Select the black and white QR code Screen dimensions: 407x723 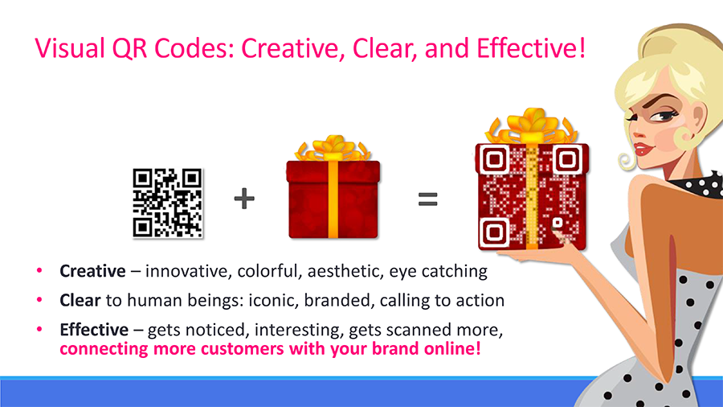[167, 203]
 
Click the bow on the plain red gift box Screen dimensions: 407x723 [333, 148]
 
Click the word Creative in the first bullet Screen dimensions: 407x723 [92, 271]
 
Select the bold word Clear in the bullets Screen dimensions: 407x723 [80, 301]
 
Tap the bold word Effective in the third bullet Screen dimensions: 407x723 [94, 330]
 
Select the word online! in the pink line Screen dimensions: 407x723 [452, 350]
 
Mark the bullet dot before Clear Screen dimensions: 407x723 [39, 301]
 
